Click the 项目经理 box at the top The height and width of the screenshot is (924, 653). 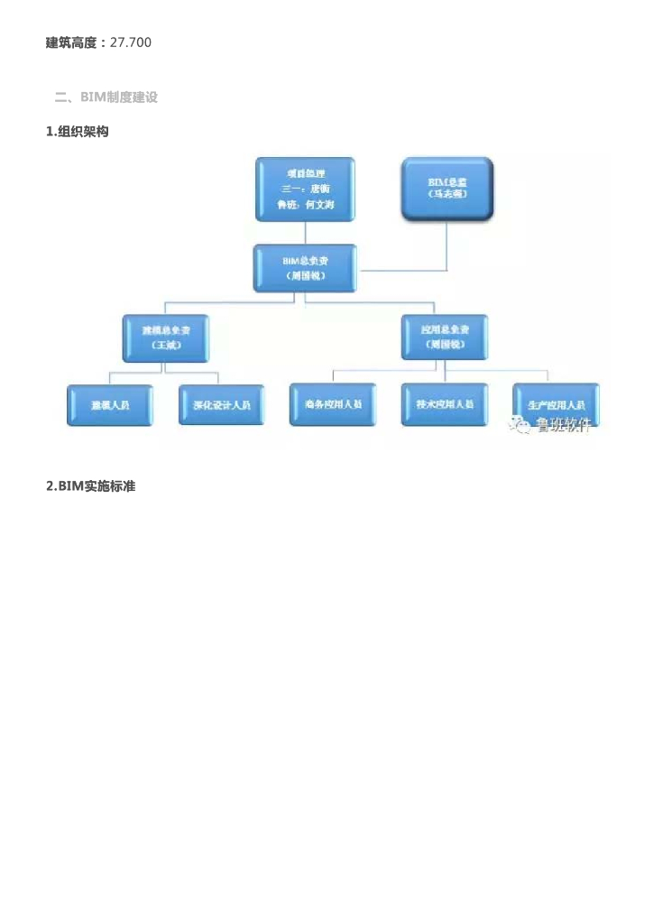coord(305,189)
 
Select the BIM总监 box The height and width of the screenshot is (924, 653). coord(447,188)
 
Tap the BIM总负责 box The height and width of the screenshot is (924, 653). coord(305,267)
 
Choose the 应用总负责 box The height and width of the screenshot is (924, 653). coord(444,337)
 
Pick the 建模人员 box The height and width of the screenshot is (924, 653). coord(110,405)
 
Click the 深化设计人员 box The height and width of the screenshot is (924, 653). coord(221,405)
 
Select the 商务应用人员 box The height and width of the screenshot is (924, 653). coord(333,404)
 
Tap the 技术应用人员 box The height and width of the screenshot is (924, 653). coord(444,404)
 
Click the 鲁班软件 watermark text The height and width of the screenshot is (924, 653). coord(564,426)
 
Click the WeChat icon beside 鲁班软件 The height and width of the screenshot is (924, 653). coord(520,425)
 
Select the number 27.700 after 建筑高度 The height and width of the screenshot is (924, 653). coord(130,42)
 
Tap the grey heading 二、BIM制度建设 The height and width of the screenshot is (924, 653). coord(106,97)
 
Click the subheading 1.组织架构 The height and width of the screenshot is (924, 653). coord(78,132)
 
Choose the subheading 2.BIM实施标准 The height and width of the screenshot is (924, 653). coord(90,486)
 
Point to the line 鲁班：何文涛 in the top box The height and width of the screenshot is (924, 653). coord(305,205)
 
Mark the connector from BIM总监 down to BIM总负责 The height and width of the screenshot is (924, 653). coord(446,245)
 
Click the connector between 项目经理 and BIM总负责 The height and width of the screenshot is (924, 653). coord(305,232)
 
